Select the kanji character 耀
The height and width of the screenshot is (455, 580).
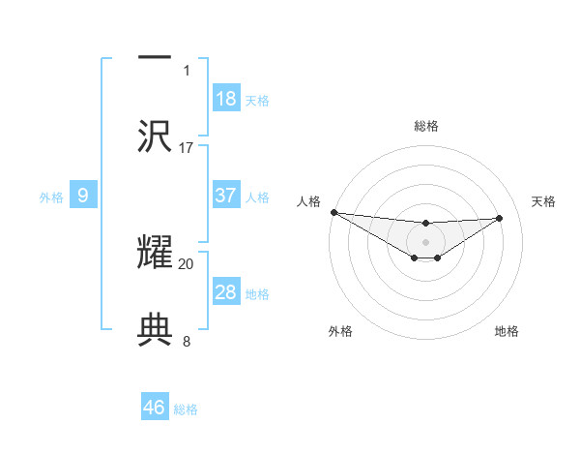point(155,250)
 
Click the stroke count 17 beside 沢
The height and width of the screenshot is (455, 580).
point(187,148)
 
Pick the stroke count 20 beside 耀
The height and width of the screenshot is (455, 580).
point(187,263)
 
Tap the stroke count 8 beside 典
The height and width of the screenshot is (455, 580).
point(187,342)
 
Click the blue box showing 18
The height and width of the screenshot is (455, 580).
point(226,99)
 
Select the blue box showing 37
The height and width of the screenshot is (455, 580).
point(226,196)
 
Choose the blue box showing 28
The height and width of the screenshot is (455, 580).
point(226,292)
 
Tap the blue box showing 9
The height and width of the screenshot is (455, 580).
point(83,196)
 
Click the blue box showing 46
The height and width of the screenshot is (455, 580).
point(155,408)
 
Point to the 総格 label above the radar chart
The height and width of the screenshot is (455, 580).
point(426,126)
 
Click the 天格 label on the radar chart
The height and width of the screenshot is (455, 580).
point(544,201)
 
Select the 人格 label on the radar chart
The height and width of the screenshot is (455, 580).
point(308,201)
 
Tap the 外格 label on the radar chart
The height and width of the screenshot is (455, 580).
point(339,331)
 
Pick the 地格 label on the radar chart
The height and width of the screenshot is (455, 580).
point(507,331)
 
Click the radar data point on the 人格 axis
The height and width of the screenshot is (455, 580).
point(333,212)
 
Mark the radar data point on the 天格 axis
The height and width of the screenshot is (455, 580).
point(500,218)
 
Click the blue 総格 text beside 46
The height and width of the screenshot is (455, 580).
point(186,409)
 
